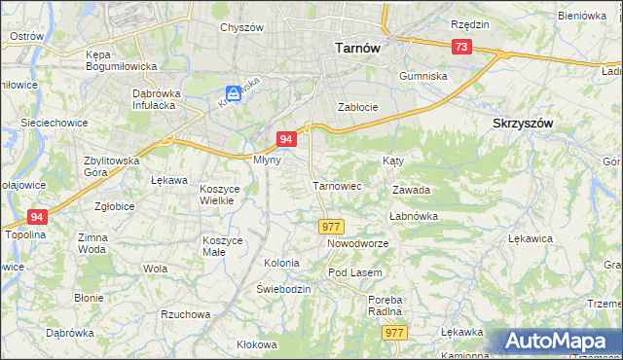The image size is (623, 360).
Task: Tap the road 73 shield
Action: click(x=461, y=47)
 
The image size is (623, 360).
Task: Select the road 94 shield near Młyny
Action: click(x=285, y=139)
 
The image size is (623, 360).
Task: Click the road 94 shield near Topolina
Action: click(x=37, y=217)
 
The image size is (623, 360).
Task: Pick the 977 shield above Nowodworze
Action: click(x=330, y=226)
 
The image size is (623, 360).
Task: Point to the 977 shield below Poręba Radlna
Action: click(x=393, y=333)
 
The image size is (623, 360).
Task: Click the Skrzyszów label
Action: click(x=523, y=124)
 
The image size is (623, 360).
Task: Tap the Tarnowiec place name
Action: click(x=337, y=185)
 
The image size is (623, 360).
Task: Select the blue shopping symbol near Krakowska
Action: click(x=232, y=94)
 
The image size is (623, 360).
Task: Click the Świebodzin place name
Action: click(x=283, y=290)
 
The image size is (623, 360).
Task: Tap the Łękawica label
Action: click(x=531, y=237)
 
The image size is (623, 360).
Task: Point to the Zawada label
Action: click(x=411, y=191)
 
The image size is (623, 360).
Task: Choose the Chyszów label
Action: click(x=242, y=27)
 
